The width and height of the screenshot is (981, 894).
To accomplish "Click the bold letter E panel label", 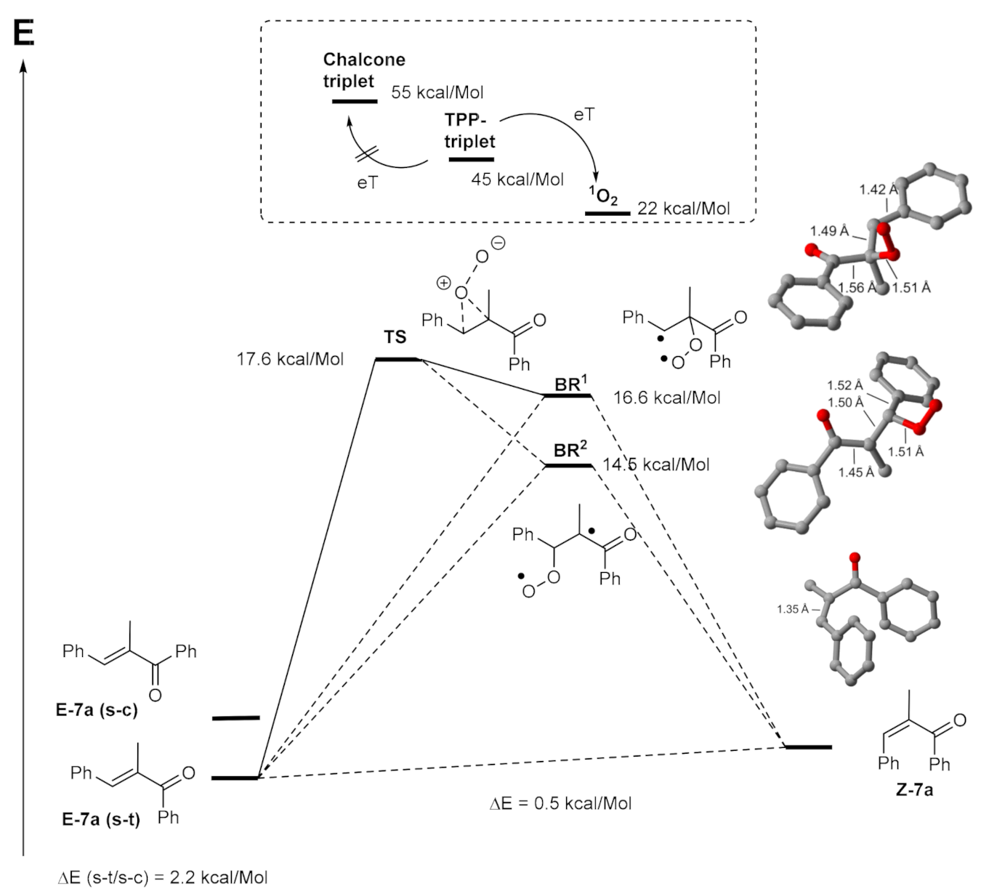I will [x=24, y=33].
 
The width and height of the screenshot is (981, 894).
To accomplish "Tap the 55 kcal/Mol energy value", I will [x=437, y=93].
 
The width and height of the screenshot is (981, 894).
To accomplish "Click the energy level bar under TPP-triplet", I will [x=471, y=159].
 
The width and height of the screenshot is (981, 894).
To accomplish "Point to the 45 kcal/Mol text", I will [x=517, y=179].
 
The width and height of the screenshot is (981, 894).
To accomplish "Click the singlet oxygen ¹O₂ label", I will [x=602, y=196].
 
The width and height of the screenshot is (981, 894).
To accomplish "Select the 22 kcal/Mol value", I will [x=683, y=209].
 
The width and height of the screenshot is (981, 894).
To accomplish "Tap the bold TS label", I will [x=395, y=337].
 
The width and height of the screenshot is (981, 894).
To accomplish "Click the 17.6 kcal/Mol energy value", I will [x=290, y=359].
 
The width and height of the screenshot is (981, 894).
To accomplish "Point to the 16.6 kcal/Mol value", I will [x=666, y=398].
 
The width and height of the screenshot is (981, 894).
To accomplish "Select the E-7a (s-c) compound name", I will [x=97, y=710].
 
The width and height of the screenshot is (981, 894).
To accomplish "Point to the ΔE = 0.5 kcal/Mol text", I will [x=560, y=803].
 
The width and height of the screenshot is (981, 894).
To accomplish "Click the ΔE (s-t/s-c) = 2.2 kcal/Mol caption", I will [x=162, y=877].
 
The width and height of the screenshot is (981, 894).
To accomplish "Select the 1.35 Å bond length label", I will [x=793, y=609].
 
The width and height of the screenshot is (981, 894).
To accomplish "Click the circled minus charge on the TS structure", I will [x=498, y=243].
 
